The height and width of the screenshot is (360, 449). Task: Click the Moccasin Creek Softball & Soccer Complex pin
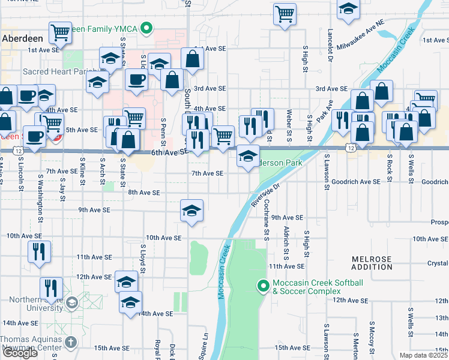point(262,287)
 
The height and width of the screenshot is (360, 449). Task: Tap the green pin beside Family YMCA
point(146,28)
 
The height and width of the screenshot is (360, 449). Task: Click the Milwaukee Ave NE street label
point(360,37)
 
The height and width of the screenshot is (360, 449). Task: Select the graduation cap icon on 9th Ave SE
point(192,211)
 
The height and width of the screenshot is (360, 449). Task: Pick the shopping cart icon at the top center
point(285,13)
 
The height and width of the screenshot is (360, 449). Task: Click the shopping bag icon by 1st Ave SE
point(192,59)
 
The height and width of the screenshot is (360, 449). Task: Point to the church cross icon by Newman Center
point(70,343)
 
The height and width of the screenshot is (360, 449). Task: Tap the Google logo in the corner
point(19,353)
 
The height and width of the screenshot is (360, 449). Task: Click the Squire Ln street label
point(205,344)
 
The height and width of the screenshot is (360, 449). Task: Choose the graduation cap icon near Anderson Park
point(249,157)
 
